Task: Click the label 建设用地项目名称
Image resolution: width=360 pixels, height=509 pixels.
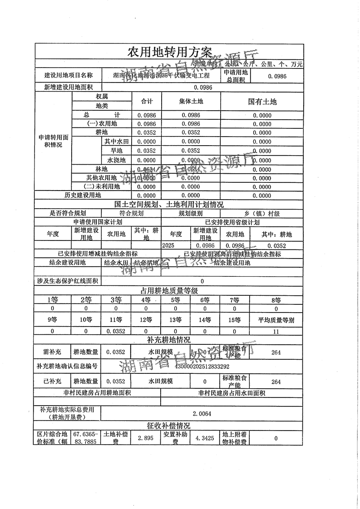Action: tap(68, 76)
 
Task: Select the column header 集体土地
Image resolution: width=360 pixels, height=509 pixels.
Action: tap(191, 102)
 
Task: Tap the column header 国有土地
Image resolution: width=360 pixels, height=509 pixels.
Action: tap(262, 102)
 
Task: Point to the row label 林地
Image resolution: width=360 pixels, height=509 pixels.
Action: tap(101, 169)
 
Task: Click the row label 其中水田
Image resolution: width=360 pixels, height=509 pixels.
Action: tap(116, 142)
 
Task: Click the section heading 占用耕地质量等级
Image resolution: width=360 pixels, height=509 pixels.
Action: tap(168, 291)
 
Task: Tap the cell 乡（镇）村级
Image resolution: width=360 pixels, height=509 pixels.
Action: tap(262, 213)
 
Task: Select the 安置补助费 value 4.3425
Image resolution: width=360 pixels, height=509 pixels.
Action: tap(205, 439)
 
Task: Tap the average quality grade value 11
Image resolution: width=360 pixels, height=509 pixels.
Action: tap(276, 331)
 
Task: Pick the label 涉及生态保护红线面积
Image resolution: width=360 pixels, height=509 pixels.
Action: tap(67, 281)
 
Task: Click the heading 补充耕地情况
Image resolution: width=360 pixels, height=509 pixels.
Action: tap(168, 340)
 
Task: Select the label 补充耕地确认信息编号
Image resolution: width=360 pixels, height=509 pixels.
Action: tap(67, 366)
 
